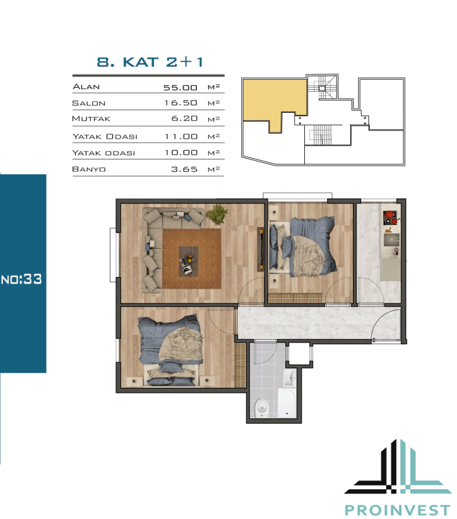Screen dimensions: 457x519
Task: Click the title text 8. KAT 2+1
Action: (x=150, y=62)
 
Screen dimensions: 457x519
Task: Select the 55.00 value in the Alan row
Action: (x=180, y=88)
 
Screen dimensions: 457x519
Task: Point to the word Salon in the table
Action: (x=89, y=103)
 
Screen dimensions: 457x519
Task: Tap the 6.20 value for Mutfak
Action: (x=185, y=118)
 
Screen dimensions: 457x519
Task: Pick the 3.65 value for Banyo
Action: (x=184, y=170)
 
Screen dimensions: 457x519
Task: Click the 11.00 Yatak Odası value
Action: (x=181, y=137)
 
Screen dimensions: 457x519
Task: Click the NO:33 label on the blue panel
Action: (x=22, y=279)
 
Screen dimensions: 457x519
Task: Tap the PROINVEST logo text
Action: (x=398, y=510)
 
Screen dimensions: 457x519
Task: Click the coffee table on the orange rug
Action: (x=189, y=262)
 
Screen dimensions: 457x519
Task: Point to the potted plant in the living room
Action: (x=217, y=214)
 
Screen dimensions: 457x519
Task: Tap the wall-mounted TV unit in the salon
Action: (x=260, y=249)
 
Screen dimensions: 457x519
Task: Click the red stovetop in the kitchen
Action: (x=391, y=218)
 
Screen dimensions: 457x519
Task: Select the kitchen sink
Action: (x=391, y=240)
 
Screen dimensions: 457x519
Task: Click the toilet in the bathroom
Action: (x=261, y=407)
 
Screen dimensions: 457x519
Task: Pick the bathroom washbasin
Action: (x=289, y=378)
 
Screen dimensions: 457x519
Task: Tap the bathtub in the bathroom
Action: (x=286, y=403)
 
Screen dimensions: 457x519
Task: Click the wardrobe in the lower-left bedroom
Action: (x=241, y=365)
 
